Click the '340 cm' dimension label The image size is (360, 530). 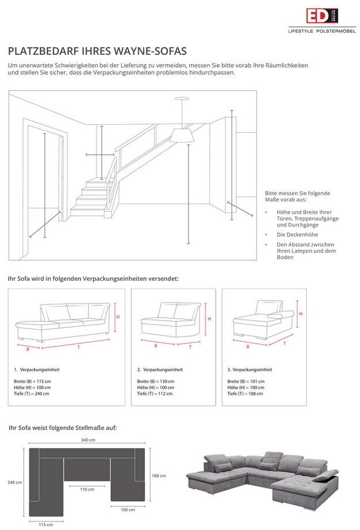[88, 441]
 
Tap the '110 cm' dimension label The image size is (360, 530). [87, 490]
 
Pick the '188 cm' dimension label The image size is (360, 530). [159, 476]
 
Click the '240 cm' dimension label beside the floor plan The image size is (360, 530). [15, 482]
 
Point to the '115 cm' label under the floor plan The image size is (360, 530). [46, 524]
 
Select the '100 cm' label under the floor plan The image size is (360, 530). [127, 510]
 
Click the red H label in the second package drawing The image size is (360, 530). [209, 318]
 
